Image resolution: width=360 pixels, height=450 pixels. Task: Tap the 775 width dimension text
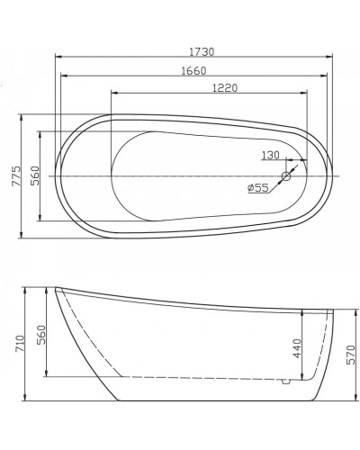(13, 175)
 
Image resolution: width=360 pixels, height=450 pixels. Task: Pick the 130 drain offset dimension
(269, 155)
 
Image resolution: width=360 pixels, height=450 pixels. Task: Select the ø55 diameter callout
(258, 188)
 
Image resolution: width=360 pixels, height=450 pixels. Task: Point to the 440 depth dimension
(296, 347)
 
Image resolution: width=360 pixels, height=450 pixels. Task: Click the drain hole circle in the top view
(288, 175)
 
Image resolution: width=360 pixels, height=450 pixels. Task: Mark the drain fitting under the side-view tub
(285, 382)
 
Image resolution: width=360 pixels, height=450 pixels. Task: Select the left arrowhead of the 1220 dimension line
(113, 93)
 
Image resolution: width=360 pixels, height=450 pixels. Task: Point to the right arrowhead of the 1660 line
(322, 75)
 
